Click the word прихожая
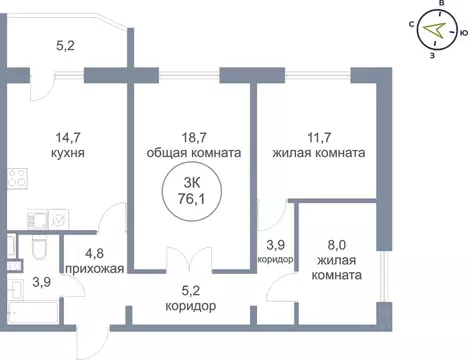(93, 269)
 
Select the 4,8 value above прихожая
(93, 253)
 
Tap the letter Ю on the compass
(463, 35)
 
